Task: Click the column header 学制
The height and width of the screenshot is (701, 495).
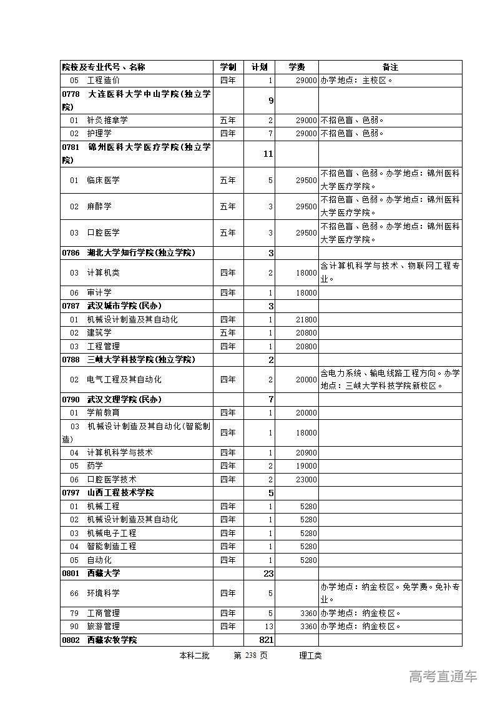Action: click(228, 67)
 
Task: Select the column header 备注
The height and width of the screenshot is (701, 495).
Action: click(390, 67)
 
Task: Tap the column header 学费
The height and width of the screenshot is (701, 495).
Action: click(297, 67)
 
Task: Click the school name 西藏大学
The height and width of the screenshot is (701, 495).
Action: click(104, 573)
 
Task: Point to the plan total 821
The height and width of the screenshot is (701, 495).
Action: click(266, 640)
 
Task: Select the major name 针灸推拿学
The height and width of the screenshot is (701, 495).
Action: click(107, 120)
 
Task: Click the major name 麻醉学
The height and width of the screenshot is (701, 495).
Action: click(99, 206)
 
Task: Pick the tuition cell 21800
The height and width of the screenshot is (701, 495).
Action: click(306, 319)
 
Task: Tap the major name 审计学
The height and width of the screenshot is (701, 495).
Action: click(99, 292)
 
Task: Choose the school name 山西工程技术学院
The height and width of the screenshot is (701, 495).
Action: click(120, 492)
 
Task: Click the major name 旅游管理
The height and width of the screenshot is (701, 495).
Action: click(104, 626)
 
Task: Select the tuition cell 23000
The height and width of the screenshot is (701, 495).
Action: click(306, 479)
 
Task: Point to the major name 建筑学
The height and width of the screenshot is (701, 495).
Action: click(99, 332)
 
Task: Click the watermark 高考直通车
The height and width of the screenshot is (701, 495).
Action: click(443, 676)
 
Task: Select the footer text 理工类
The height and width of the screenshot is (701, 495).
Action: click(310, 655)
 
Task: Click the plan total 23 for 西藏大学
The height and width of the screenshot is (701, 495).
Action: click(268, 573)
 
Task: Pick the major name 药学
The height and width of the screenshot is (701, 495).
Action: click(95, 465)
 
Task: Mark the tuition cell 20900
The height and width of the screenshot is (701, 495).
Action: click(306, 452)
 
